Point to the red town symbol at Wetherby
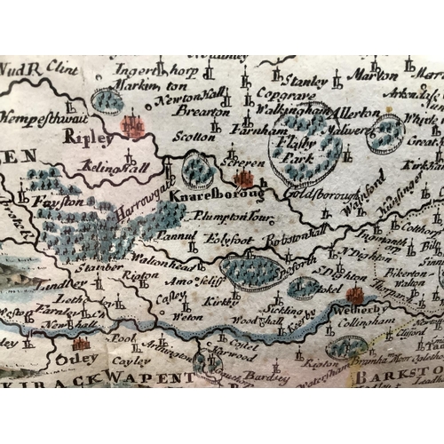356,296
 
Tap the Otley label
73,359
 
